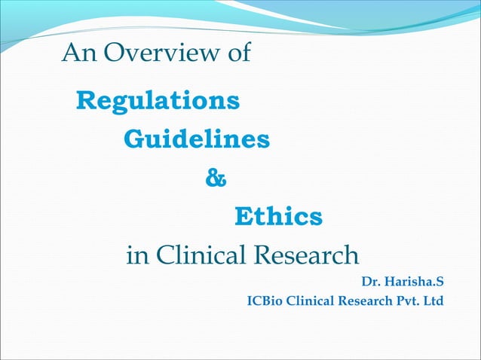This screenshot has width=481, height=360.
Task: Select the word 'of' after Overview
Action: pos(237,53)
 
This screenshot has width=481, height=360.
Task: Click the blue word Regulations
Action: pos(159,100)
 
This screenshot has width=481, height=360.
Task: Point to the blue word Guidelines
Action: pos(196,139)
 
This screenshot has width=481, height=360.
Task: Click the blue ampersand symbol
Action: pos(216,179)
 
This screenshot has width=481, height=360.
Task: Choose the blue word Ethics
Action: pos(278,218)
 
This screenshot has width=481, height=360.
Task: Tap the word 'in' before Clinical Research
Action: pos(137,256)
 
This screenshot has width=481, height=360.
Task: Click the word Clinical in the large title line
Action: pos(203,256)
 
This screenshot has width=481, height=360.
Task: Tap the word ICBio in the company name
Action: pos(263,302)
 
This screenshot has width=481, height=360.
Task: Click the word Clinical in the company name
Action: pos(306,302)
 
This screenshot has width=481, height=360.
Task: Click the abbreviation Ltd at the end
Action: pos(434,302)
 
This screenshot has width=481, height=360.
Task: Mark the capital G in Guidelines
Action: pos(133,139)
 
